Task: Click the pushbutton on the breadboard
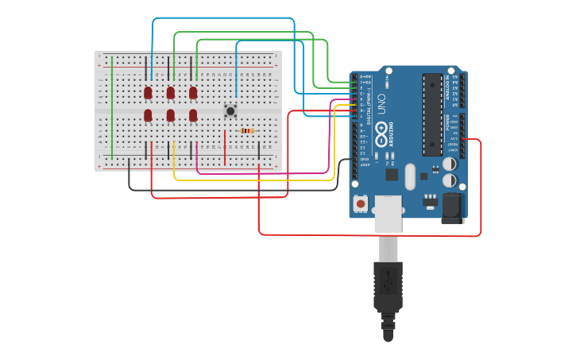[x=230, y=110]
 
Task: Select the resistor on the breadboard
[x=247, y=131]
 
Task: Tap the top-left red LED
[x=148, y=93]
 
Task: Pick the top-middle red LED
[x=170, y=93]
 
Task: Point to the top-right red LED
[x=192, y=93]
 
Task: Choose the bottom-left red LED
[x=148, y=116]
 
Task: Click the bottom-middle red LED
[x=170, y=116]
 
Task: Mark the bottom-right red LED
[x=192, y=116]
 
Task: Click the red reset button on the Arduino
[x=361, y=203]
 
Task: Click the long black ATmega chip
[x=431, y=113]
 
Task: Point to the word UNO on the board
[x=381, y=104]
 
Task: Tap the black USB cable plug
[x=388, y=286]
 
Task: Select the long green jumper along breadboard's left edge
[x=112, y=107]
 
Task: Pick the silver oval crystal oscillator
[x=409, y=176]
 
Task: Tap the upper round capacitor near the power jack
[x=449, y=164]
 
